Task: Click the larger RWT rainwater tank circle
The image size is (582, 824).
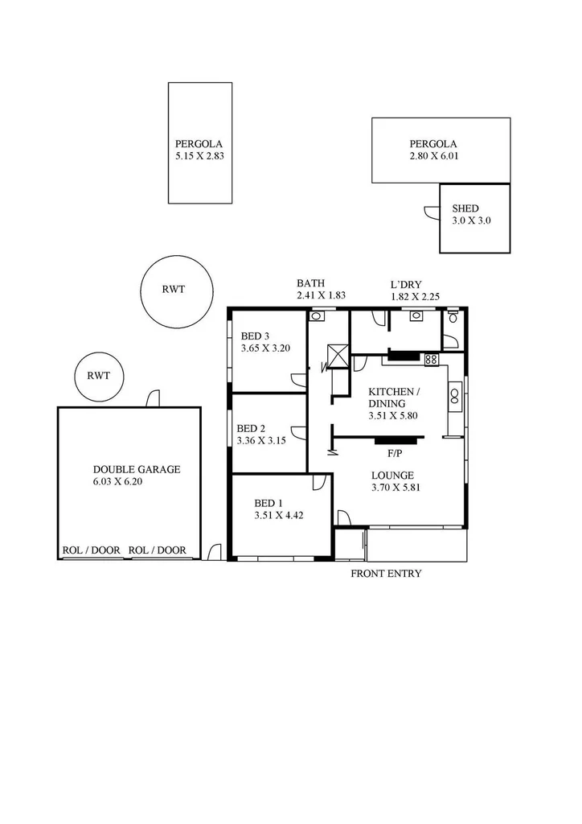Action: pos(174,290)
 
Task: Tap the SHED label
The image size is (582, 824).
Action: pos(465,208)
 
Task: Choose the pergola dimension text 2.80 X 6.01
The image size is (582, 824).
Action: pos(433,156)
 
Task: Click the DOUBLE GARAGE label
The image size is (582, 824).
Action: pos(137,469)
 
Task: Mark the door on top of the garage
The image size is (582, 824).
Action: pos(152,399)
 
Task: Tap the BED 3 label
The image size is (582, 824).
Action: pos(256,336)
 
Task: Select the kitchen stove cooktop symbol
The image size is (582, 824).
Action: pos(431,360)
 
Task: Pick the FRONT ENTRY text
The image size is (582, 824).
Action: pos(386,574)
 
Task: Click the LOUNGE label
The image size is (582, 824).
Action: pos(392,475)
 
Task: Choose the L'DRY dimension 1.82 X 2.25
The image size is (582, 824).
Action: pos(415,296)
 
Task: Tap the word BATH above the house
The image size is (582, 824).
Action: pos(310,283)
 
